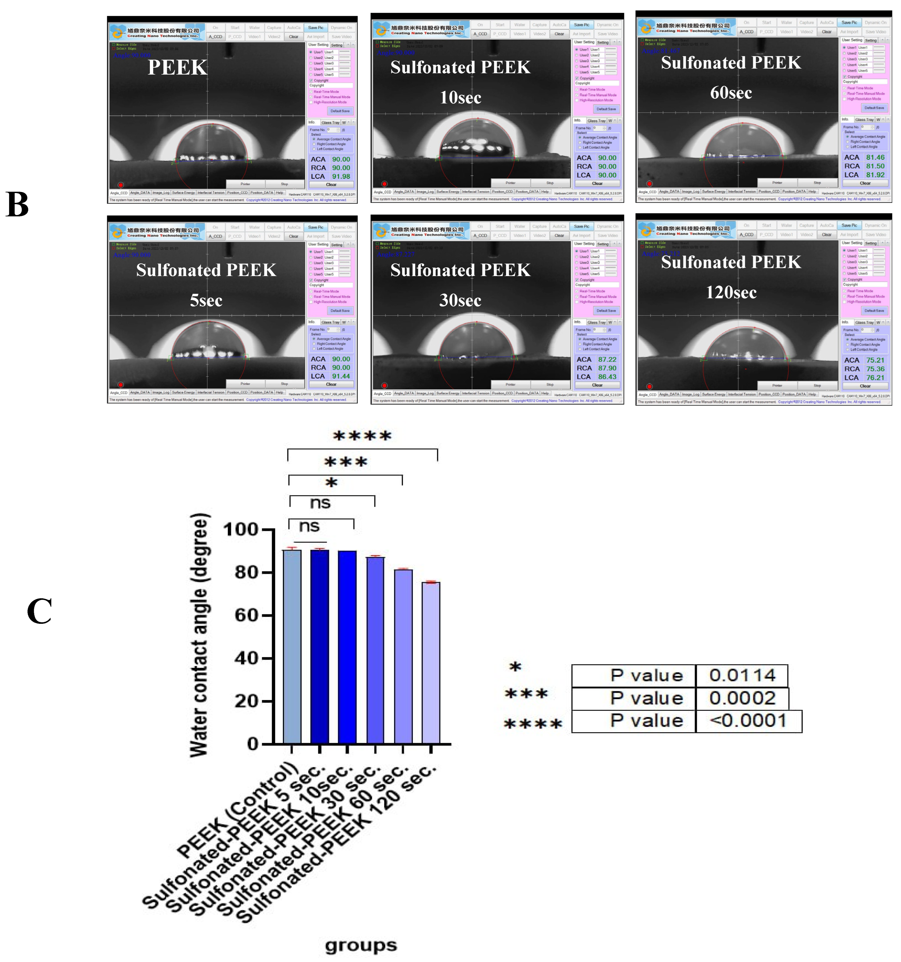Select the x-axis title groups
coord(361,945)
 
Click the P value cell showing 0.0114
coord(742,675)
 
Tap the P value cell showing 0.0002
coord(742,698)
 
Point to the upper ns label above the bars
coord(320,503)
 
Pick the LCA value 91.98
coord(341,177)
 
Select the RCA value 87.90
coord(607,368)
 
